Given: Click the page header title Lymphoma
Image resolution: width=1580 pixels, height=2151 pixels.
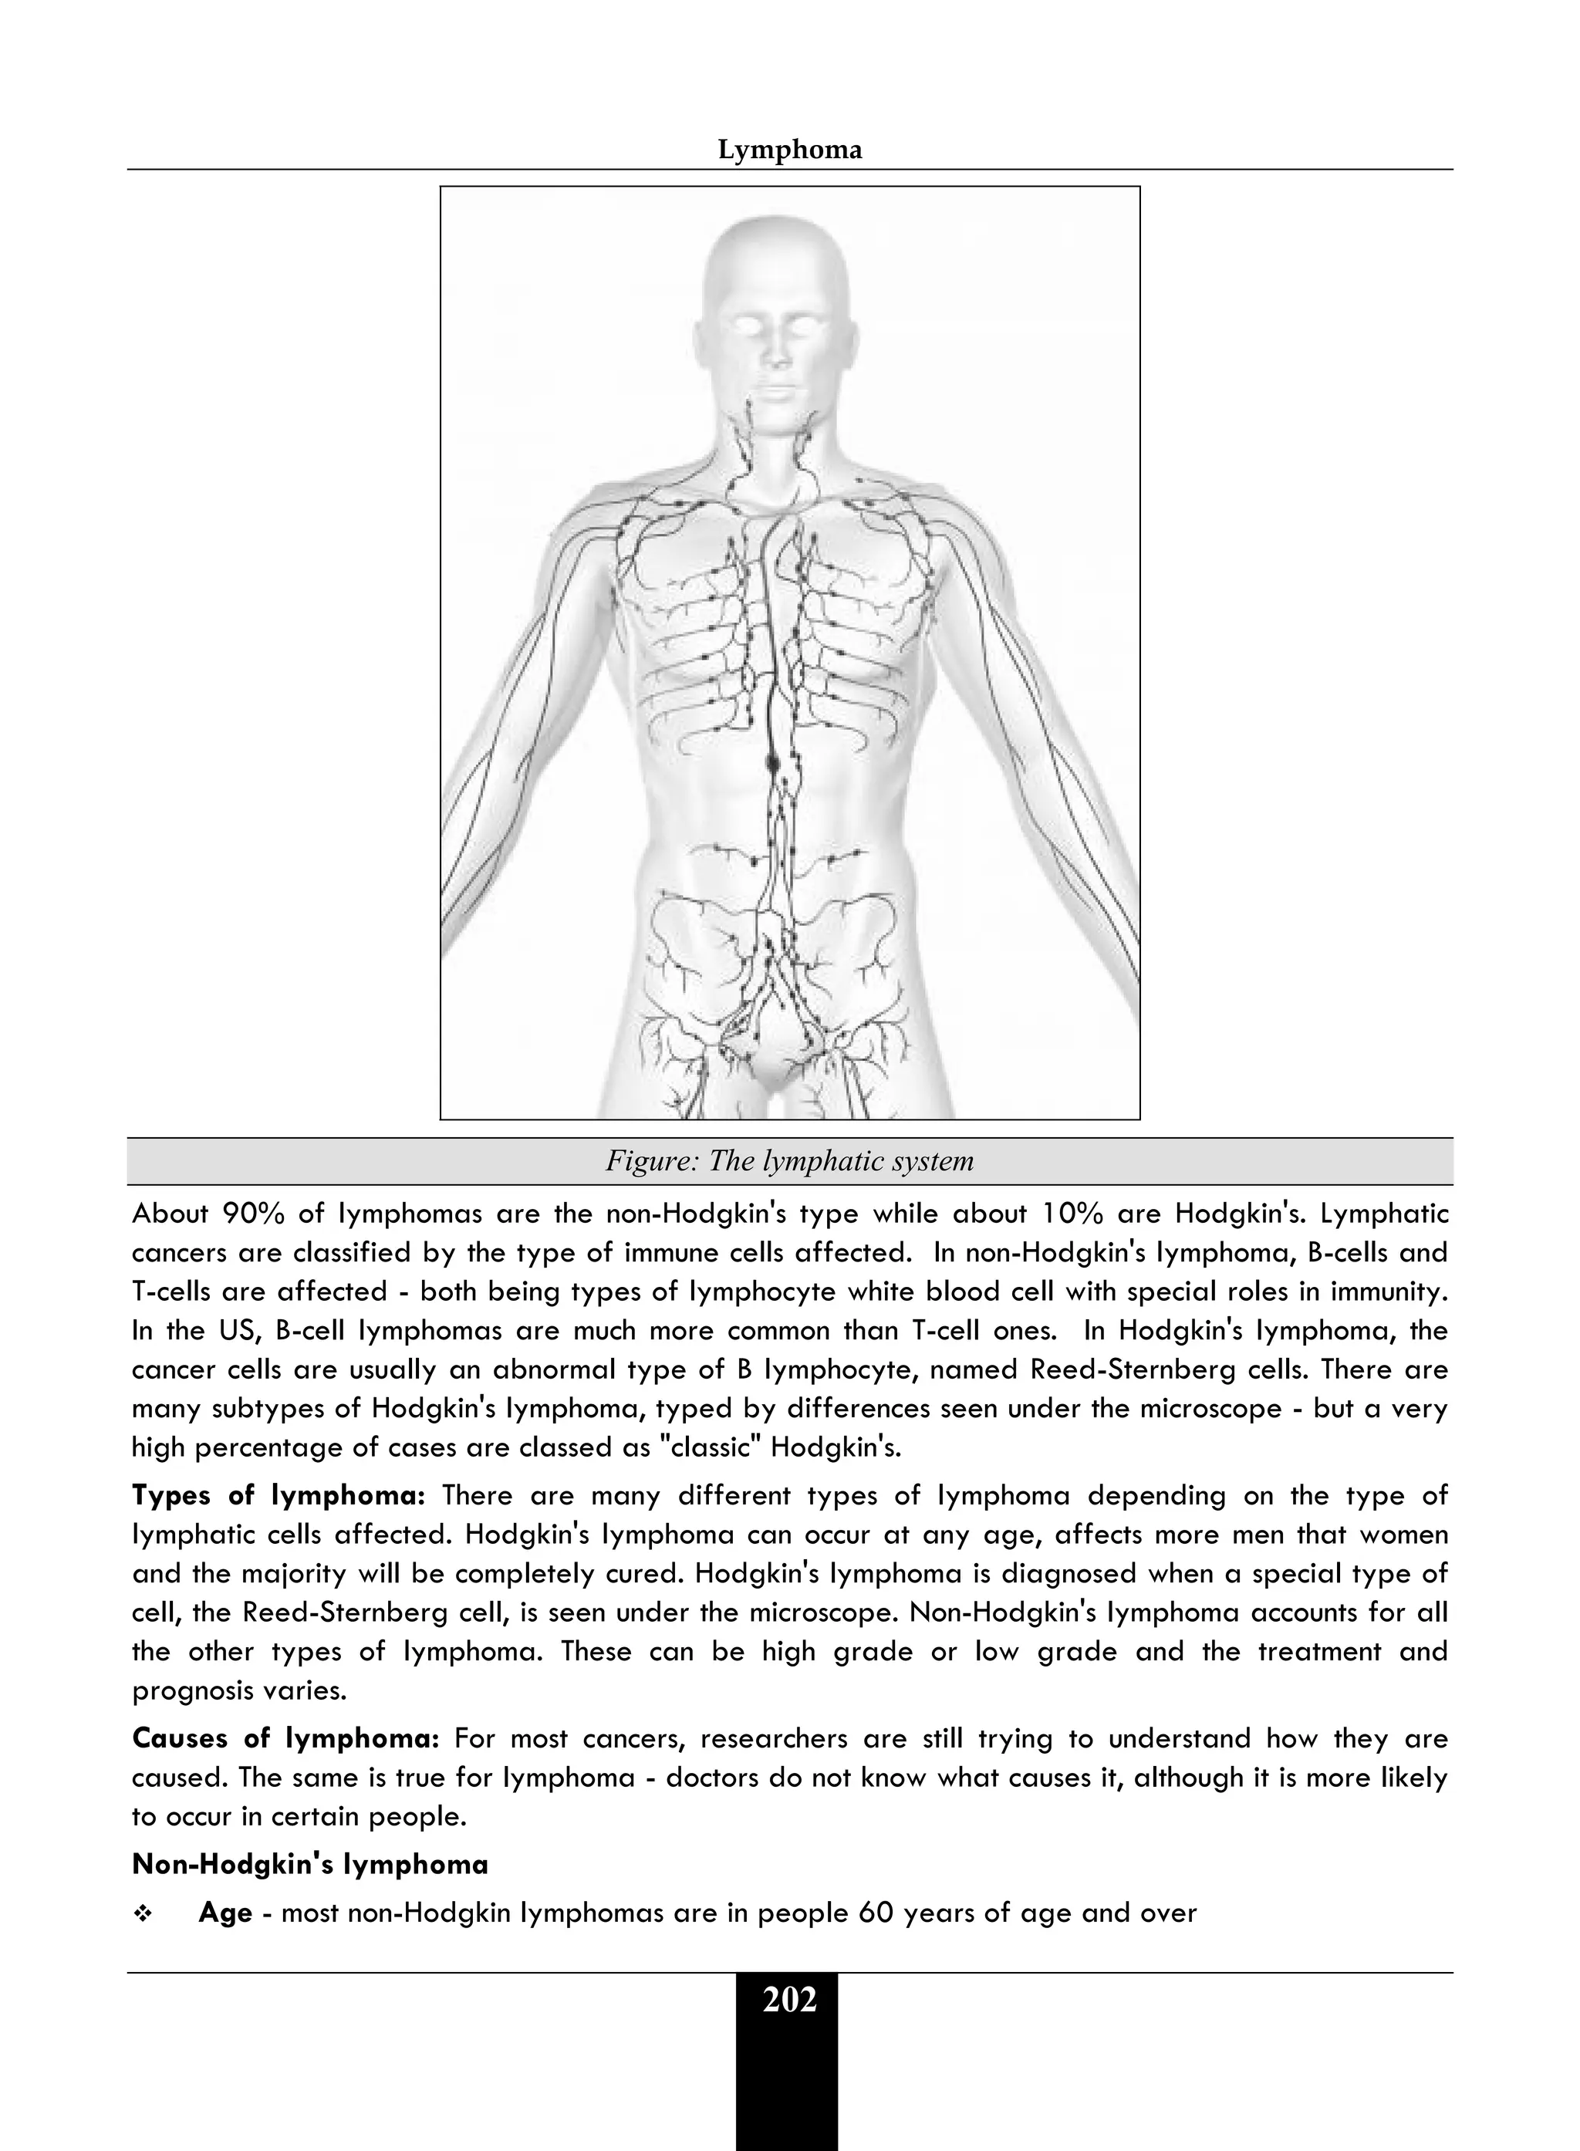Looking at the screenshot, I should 789,150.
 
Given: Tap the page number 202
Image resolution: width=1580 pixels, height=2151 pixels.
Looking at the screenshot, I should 789,2000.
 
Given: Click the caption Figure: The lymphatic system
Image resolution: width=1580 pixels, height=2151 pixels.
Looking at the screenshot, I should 789,1161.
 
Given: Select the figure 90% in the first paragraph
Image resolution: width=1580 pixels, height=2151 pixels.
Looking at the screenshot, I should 251,1214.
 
